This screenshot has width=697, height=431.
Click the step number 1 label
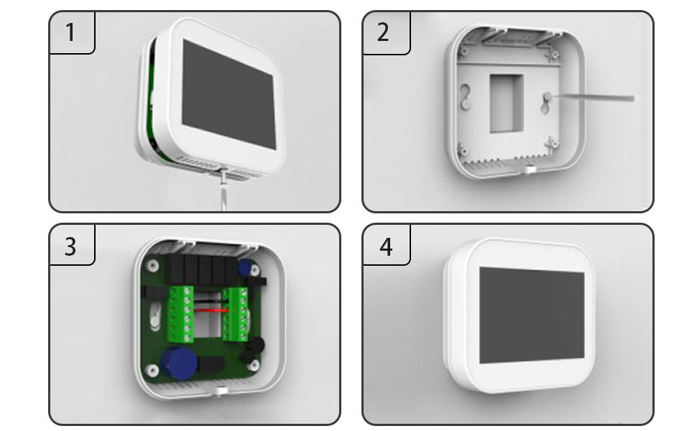point(70,32)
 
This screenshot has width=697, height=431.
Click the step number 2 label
point(383,32)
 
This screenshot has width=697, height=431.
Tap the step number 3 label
point(70,246)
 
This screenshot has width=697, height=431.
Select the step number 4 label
point(386,246)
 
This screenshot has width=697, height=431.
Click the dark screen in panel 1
point(229,94)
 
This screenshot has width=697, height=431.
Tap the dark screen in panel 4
point(532,315)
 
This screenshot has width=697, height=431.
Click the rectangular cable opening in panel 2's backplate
point(507,103)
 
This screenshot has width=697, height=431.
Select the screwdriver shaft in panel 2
point(591,97)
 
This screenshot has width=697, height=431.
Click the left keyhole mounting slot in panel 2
point(466,96)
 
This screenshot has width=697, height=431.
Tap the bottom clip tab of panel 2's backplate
point(529,170)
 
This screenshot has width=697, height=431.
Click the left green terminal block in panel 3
point(180,314)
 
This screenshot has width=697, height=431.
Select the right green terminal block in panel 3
point(236,314)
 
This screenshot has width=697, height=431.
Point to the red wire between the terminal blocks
point(212,310)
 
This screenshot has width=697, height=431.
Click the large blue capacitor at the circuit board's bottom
point(180,363)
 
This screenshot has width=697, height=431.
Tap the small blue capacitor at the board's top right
point(245,268)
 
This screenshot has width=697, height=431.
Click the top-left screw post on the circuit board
point(152,266)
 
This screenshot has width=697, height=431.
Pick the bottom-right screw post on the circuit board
point(254,365)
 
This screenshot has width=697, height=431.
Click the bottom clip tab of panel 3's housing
point(221,391)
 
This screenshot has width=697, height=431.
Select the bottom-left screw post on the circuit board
point(152,371)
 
